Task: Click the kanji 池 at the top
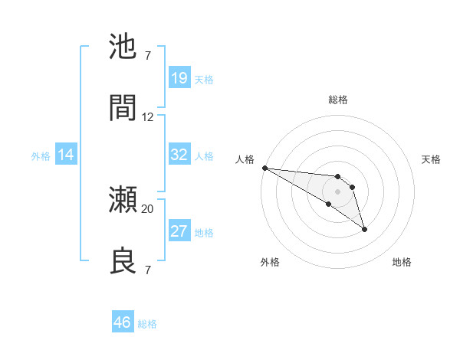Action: pos(123,47)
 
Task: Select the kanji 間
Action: pos(123,108)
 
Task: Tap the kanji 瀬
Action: pos(123,201)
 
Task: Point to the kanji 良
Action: pos(123,260)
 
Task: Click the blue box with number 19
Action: pos(179,78)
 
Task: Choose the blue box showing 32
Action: pos(179,155)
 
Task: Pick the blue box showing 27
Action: pos(179,231)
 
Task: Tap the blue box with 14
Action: pos(66,155)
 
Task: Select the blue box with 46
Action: pos(122,322)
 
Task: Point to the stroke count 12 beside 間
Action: pos(148,116)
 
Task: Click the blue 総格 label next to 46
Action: pos(147,324)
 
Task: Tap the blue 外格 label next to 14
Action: pos(41,156)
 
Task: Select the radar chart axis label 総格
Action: pos(338,100)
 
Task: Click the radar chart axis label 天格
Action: pos(432,159)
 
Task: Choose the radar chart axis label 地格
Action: pos(402,262)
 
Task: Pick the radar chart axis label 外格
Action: pos(270,262)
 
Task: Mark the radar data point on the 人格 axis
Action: pos(264,168)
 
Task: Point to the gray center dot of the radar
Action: pos(337,191)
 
